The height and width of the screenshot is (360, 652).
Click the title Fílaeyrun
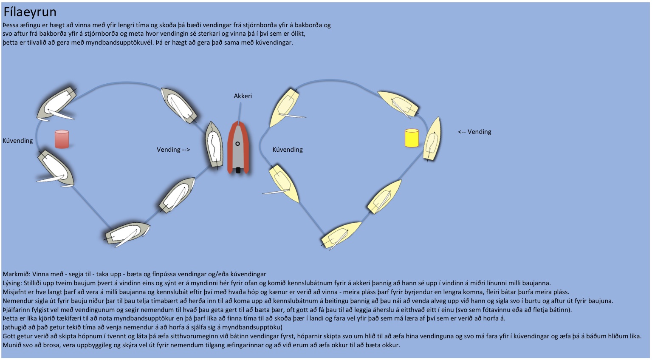(30, 12)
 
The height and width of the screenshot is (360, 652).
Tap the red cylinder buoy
(62, 139)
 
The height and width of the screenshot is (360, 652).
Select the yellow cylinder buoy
(411, 138)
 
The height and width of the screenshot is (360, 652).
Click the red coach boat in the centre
(238, 148)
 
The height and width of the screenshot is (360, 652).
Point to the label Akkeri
(243, 96)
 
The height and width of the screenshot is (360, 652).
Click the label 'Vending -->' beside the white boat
(173, 150)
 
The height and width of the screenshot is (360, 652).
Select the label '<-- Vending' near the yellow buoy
(474, 132)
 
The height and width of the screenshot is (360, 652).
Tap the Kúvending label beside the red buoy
(17, 141)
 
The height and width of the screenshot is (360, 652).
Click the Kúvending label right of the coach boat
(288, 150)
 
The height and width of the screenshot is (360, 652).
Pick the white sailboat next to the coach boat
(214, 145)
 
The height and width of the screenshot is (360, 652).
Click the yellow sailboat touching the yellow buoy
(433, 139)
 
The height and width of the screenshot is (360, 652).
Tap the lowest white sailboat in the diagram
(127, 233)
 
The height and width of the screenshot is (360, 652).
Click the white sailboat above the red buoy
(56, 103)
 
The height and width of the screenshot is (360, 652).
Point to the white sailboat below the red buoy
(56, 169)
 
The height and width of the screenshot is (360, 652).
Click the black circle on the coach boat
(237, 144)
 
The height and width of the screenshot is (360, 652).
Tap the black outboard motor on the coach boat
(238, 170)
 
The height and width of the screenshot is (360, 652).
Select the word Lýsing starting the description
(12, 283)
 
